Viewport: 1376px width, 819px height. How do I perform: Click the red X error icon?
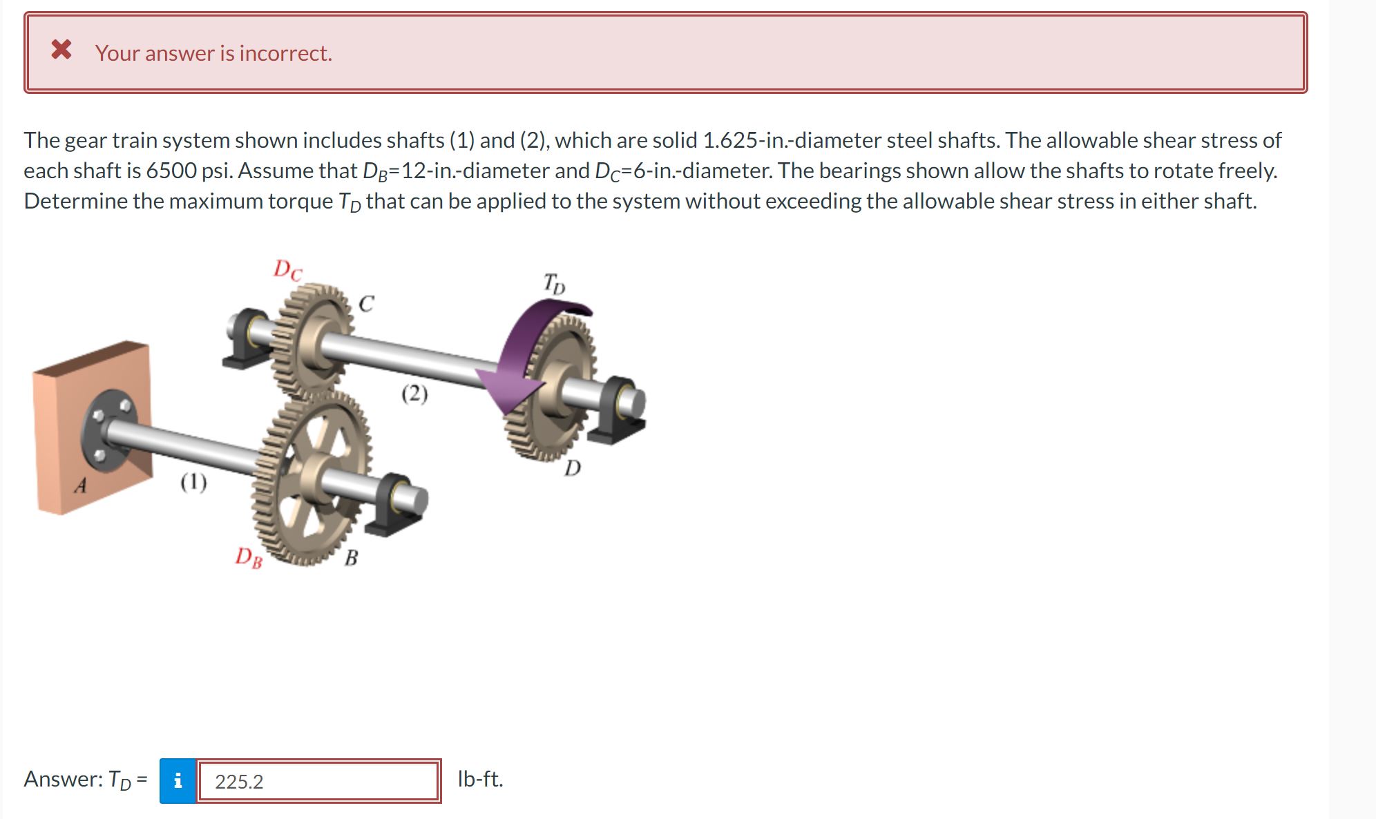click(x=61, y=50)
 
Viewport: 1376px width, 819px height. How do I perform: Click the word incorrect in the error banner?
click(x=285, y=53)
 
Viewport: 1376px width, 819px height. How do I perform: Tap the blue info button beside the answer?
click(x=178, y=780)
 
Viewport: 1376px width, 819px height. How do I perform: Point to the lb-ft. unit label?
click(x=480, y=779)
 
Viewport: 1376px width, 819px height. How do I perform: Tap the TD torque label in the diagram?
click(x=553, y=283)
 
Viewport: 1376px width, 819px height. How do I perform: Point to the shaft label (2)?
click(x=414, y=394)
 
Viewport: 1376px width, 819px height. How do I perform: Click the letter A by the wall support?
click(x=81, y=486)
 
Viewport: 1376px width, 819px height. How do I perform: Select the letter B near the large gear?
click(x=351, y=557)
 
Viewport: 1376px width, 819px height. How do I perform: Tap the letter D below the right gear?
click(x=573, y=470)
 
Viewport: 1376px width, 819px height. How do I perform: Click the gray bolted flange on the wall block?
click(x=109, y=431)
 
